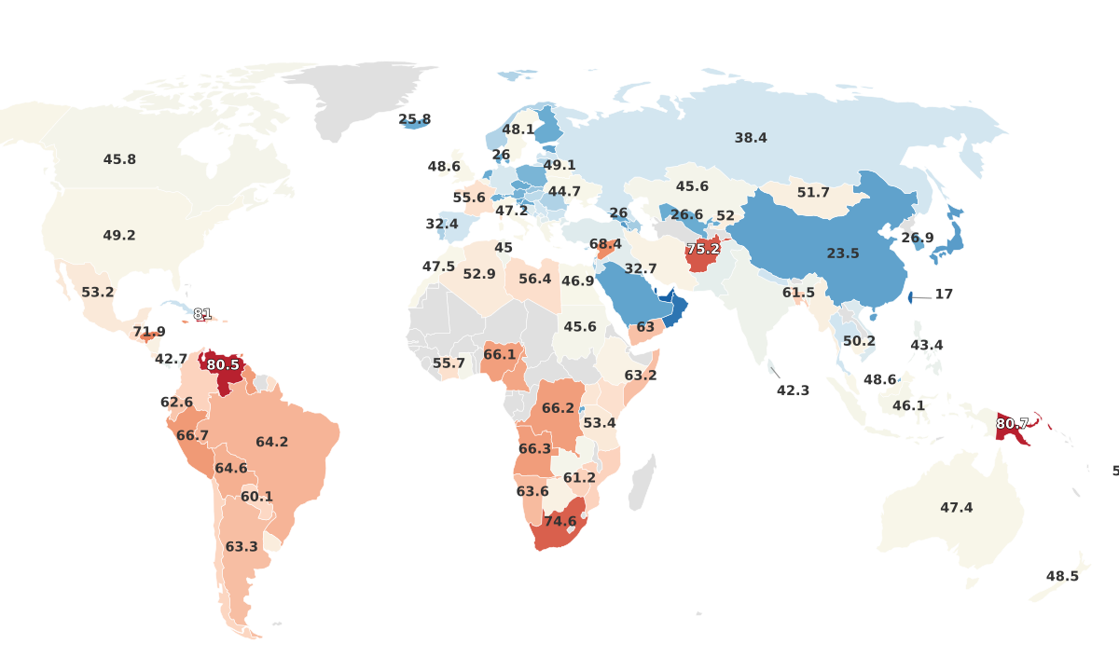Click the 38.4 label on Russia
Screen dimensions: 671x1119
[750, 138]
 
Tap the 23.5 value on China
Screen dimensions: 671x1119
[843, 253]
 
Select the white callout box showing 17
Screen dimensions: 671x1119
[944, 294]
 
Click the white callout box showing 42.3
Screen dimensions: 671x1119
[793, 390]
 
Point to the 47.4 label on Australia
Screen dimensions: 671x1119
[956, 508]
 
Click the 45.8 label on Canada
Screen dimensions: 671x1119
[119, 159]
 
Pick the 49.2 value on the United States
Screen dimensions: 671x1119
[119, 236]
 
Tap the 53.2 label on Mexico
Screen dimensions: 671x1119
[97, 292]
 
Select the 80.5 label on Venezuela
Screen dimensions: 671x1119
[223, 364]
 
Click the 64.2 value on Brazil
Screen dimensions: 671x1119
[271, 443]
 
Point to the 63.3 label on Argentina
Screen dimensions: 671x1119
[241, 547]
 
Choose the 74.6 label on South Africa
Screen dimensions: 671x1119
[559, 522]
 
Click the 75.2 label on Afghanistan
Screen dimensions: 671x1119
[702, 249]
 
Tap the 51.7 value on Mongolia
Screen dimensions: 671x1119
[813, 193]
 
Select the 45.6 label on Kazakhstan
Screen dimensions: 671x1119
[692, 186]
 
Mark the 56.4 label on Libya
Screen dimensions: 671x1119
[534, 279]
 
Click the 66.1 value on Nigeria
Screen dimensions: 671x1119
[499, 355]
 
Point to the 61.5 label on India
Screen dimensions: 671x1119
[798, 293]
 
